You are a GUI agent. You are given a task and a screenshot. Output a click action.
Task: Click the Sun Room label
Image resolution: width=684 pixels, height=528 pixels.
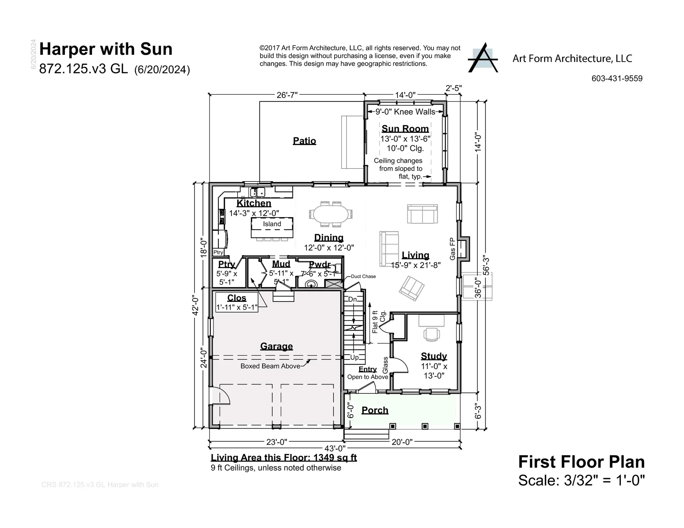(x=405, y=129)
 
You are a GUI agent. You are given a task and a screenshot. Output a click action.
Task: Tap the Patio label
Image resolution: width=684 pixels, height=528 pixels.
(x=304, y=141)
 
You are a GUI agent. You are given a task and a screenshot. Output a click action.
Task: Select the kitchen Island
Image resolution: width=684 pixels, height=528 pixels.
(x=272, y=228)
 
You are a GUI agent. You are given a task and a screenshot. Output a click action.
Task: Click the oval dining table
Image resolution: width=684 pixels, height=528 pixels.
(x=331, y=214)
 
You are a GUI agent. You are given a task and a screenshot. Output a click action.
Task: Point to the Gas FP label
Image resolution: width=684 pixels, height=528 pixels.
(x=452, y=249)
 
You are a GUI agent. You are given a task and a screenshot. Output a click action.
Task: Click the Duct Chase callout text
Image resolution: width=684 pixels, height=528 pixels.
(x=363, y=276)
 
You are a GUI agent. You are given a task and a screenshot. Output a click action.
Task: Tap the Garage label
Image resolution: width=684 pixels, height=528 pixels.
(x=276, y=346)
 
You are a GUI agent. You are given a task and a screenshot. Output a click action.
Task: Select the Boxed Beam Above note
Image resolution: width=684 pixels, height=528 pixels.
(x=270, y=366)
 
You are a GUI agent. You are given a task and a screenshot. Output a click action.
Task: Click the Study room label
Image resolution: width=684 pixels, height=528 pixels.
(x=434, y=356)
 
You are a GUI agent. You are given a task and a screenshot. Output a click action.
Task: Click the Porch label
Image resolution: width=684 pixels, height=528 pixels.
(x=375, y=410)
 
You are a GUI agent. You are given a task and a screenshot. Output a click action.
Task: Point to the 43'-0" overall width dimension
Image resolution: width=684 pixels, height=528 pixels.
(x=335, y=449)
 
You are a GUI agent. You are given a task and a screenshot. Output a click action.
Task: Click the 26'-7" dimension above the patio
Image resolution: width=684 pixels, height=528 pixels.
(x=287, y=95)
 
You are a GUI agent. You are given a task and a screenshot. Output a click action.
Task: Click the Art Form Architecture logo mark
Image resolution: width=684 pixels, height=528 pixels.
(x=483, y=58)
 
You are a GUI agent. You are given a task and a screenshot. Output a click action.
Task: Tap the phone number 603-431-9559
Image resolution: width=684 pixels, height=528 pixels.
(x=617, y=79)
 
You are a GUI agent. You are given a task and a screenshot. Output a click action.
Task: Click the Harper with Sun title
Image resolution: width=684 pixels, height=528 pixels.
(x=106, y=49)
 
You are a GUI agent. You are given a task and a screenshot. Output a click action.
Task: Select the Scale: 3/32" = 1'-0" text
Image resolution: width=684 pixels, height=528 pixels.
(x=581, y=480)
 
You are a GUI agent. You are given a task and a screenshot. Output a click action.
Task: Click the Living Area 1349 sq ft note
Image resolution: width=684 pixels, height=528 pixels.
(x=284, y=458)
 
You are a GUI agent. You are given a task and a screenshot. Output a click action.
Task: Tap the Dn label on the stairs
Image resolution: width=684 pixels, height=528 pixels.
(x=352, y=299)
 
